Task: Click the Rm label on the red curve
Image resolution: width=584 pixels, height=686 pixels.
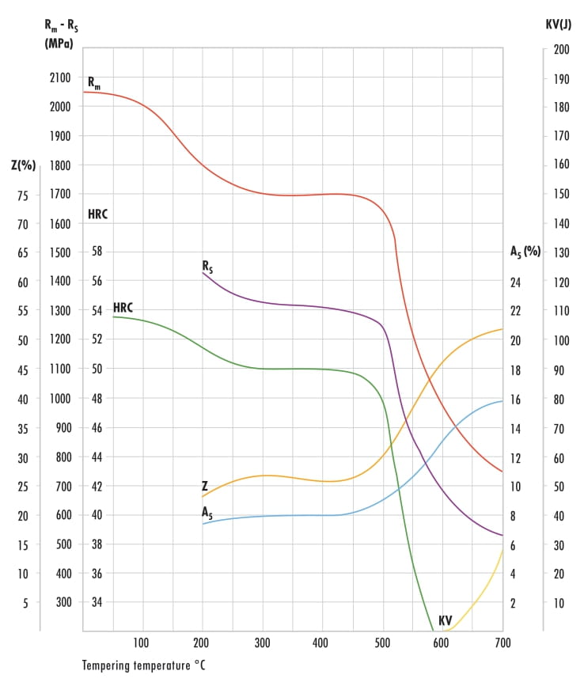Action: (93, 82)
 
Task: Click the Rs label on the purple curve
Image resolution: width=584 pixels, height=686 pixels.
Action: (207, 267)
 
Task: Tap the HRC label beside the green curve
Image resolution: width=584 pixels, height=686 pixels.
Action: (123, 307)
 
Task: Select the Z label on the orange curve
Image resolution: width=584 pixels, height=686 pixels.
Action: (204, 486)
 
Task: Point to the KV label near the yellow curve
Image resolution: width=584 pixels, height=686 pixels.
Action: (446, 621)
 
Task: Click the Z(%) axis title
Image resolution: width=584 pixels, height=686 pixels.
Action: (24, 165)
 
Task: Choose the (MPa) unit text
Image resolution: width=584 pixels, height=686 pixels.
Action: (59, 44)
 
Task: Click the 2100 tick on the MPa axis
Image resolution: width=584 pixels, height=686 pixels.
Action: (59, 78)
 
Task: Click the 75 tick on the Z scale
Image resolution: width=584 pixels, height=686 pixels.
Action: (23, 195)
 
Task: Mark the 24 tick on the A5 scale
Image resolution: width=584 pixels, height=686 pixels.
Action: (515, 282)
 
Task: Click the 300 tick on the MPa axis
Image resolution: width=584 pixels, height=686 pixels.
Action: (63, 602)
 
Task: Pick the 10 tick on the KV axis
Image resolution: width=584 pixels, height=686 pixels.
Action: (559, 602)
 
